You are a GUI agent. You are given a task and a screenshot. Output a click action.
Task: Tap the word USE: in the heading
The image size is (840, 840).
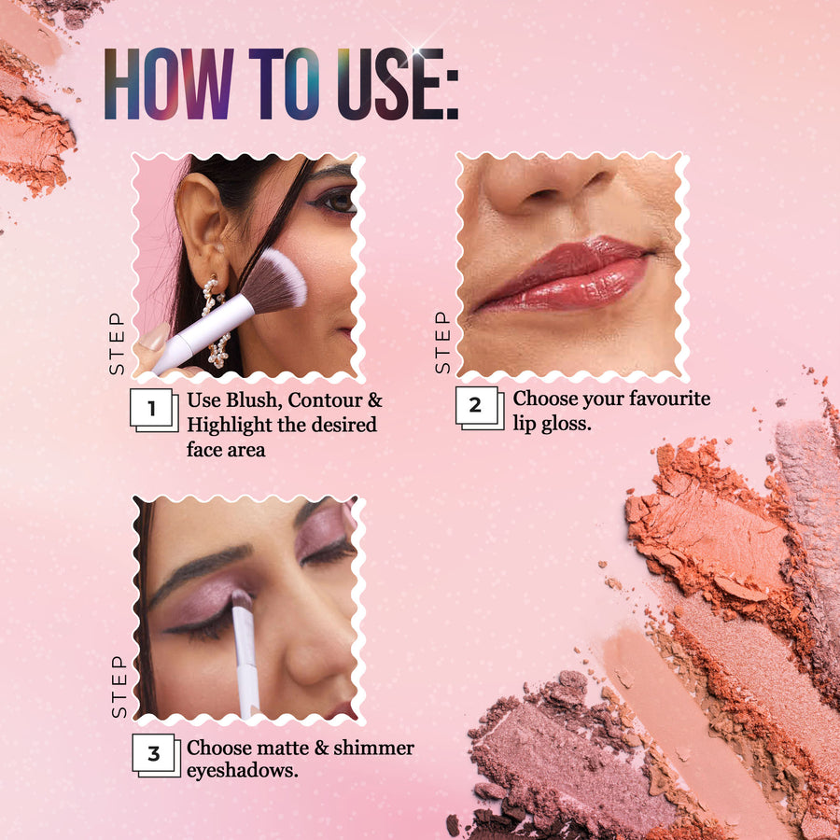pyautogui.click(x=398, y=84)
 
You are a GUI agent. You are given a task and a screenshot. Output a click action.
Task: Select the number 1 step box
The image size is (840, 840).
pyautogui.click(x=154, y=410)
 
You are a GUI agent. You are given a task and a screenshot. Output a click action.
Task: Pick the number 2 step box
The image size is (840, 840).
pyautogui.click(x=480, y=408)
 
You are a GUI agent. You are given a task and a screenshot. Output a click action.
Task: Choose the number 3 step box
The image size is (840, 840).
pyautogui.click(x=156, y=755)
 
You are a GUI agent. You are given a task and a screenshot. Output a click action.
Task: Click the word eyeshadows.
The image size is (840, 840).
pyautogui.click(x=242, y=771)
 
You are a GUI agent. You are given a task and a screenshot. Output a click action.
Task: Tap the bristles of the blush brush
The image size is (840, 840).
pyautogui.click(x=276, y=280)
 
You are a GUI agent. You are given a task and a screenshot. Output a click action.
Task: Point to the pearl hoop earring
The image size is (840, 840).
pyautogui.click(x=216, y=321)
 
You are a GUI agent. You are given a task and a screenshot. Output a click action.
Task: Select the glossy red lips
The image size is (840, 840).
pyautogui.click(x=563, y=274)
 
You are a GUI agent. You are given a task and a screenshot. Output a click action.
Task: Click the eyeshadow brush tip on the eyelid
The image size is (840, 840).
pyautogui.click(x=241, y=599)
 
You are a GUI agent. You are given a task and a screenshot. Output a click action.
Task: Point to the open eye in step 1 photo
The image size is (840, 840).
pyautogui.click(x=336, y=202)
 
